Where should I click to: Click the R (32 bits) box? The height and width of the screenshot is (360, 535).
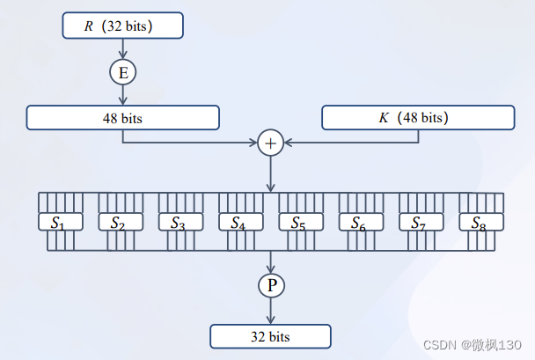pos(122,26)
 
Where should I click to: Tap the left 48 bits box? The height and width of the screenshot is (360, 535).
pos(122,117)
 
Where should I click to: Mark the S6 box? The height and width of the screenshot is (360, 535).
pos(360,222)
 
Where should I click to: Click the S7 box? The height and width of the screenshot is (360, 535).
pos(420,222)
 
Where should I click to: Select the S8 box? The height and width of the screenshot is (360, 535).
pos(480,222)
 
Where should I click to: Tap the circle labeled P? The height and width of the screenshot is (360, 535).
pos(270,284)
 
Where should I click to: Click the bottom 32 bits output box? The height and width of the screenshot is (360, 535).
pos(270,336)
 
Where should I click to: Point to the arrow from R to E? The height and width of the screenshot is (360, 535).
pos(122,49)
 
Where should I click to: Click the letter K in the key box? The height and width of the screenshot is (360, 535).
pos(384,117)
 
